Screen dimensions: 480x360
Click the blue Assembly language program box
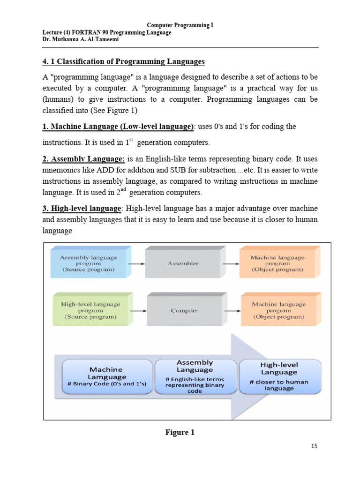[88, 263]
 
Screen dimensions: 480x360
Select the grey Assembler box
[183, 263]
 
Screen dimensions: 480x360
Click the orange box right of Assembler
[277, 263]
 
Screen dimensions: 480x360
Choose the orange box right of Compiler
[278, 310]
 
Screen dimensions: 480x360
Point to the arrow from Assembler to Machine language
[230, 263]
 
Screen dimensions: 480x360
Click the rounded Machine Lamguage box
[107, 376]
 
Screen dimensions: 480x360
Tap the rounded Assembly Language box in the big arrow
[195, 376]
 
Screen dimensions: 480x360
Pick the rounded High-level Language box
[279, 376]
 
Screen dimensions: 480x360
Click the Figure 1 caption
[180, 433]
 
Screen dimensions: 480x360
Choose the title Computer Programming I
[180, 25]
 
